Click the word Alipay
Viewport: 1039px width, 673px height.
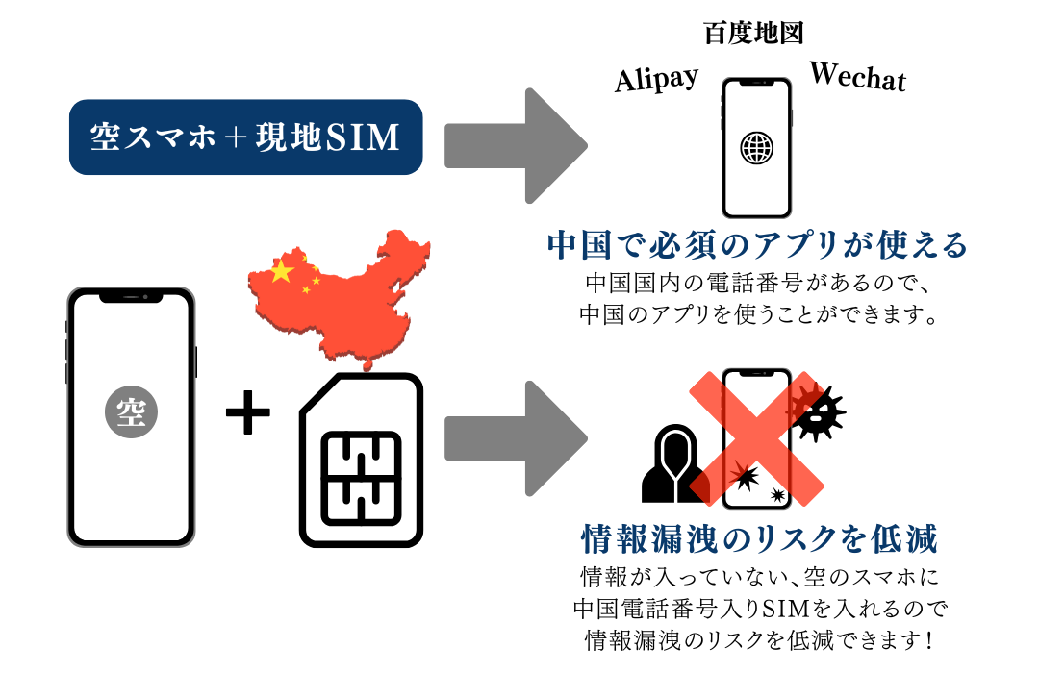tap(656, 79)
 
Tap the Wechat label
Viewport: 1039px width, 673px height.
tap(857, 76)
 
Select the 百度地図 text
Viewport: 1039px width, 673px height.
tap(753, 34)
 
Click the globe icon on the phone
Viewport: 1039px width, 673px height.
tap(756, 147)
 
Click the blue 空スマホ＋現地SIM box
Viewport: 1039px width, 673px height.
tap(245, 137)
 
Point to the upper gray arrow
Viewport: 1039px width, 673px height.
tap(515, 145)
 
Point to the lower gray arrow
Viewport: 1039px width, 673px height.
tap(515, 437)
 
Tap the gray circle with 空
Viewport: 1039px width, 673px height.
tap(131, 414)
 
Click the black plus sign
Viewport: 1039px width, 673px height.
tap(247, 414)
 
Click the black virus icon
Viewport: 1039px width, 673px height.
tap(819, 411)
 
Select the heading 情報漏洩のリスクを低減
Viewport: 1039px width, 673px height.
tap(758, 539)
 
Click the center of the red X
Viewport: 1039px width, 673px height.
tap(757, 437)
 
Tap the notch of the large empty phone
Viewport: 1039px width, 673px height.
tap(131, 297)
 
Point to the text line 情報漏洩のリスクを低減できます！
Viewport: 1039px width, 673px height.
tap(758, 638)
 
